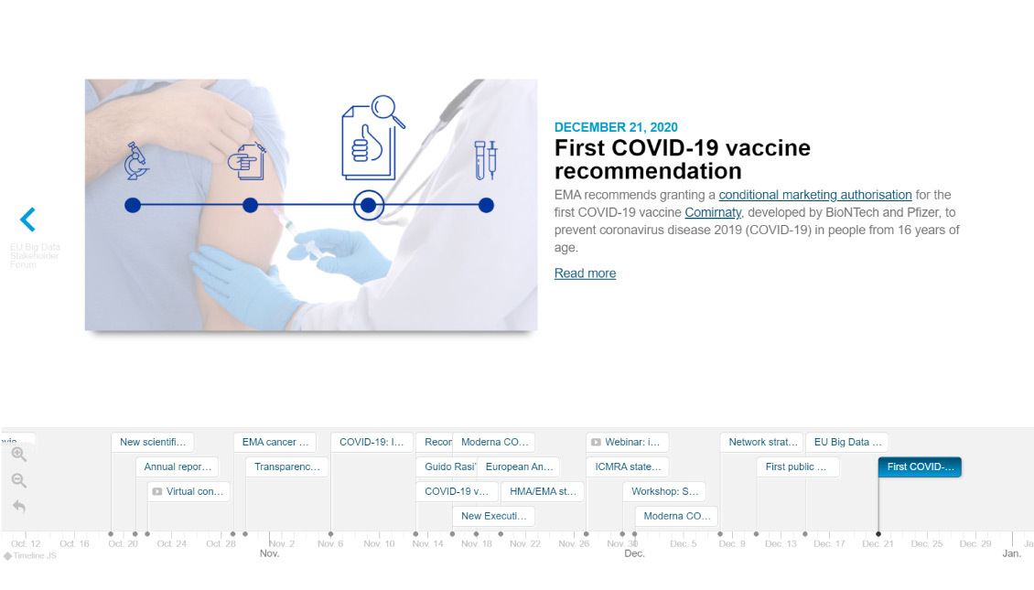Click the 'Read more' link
[585, 274]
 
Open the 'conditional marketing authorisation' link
[814, 195]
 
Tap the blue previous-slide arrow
[28, 220]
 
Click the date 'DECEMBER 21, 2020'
[616, 127]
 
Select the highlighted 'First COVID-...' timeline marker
[920, 467]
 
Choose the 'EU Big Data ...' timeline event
[846, 442]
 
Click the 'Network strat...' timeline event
[761, 442]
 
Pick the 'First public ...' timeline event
[798, 467]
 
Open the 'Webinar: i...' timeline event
[628, 442]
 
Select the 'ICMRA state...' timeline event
[628, 467]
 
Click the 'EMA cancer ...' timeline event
[275, 442]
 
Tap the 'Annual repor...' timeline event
[178, 467]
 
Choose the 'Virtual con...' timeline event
[189, 491]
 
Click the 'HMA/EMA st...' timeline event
[542, 491]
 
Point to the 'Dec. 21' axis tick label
[878, 543]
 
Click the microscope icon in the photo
[136, 160]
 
